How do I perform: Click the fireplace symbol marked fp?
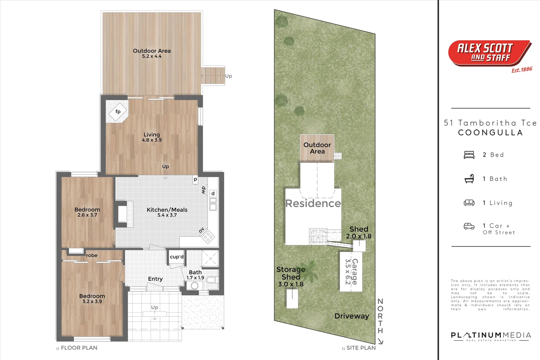(x=118, y=112)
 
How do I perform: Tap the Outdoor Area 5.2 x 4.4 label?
(x=152, y=53)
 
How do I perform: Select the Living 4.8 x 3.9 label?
(x=152, y=137)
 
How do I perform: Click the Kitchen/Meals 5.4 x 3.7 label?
(x=167, y=212)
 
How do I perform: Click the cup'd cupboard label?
(x=177, y=257)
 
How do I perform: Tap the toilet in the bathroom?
(x=211, y=279)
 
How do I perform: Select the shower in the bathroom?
(x=210, y=259)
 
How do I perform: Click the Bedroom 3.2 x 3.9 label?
(x=92, y=298)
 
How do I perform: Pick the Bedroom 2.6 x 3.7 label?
(x=87, y=212)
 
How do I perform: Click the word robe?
(x=92, y=255)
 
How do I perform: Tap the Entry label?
(x=155, y=279)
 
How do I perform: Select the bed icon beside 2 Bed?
(x=469, y=155)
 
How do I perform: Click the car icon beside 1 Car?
(x=469, y=226)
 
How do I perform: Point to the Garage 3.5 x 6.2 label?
(x=351, y=272)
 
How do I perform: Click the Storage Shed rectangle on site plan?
(x=292, y=299)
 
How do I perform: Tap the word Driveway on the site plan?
(x=352, y=316)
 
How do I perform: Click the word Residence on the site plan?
(x=313, y=203)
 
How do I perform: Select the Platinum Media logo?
(x=491, y=336)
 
